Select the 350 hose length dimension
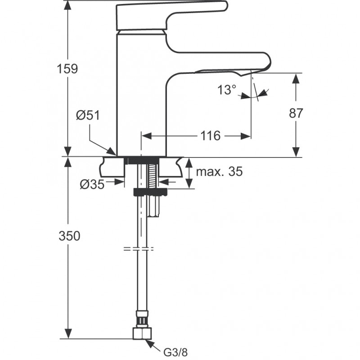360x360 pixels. click(69, 235)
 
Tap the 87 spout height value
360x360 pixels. click(295, 113)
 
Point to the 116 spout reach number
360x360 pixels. click(210, 135)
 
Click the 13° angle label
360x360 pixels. click(227, 90)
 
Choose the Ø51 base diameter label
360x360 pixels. click(88, 116)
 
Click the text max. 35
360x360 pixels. click(219, 171)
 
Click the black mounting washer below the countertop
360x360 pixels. click(150, 192)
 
